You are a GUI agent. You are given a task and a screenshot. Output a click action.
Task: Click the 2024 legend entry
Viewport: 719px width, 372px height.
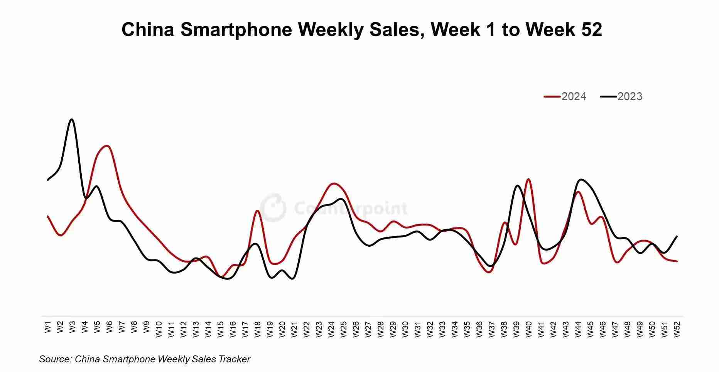565,96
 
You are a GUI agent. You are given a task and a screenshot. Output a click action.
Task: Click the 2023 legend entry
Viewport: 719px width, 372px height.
621,96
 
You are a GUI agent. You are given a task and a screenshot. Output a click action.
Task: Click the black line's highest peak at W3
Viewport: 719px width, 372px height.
72,120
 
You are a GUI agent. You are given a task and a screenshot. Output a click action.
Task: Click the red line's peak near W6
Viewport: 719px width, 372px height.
107,146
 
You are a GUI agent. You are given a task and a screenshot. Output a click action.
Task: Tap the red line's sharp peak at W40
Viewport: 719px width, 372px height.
528,179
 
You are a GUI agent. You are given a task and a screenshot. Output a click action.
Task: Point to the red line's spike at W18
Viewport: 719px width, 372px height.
257,210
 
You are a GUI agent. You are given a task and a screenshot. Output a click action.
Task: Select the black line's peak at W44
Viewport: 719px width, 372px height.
581,179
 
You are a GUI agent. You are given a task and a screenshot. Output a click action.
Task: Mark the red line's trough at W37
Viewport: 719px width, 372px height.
489,272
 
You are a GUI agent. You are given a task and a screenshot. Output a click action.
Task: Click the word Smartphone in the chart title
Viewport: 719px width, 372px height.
236,29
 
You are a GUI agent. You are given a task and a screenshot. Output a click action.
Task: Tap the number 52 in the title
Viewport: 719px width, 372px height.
591,29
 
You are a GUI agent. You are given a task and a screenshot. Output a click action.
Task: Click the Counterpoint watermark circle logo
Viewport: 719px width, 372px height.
273,208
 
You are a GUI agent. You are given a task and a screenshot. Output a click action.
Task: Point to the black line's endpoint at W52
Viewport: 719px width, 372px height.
677,236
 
